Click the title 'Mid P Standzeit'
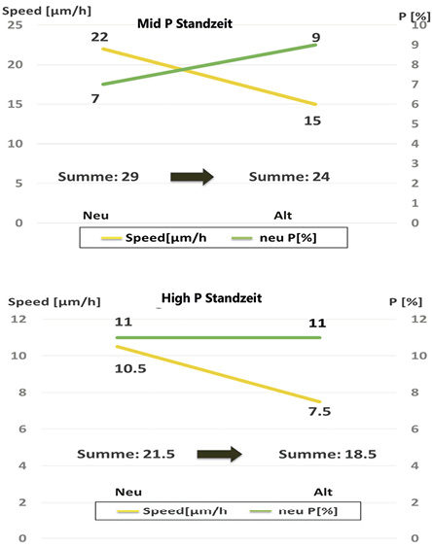pyautogui.click(x=185, y=23)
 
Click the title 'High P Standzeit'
pyautogui.click(x=211, y=298)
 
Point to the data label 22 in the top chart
pyautogui.click(x=100, y=37)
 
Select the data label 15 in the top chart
pyautogui.click(x=312, y=120)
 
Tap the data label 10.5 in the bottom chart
pyautogui.click(x=130, y=368)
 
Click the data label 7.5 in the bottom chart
pyautogui.click(x=319, y=411)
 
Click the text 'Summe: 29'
pyautogui.click(x=98, y=177)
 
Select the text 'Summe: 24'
pyautogui.click(x=289, y=177)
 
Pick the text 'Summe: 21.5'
pyautogui.click(x=126, y=454)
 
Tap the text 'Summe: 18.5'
pyautogui.click(x=327, y=454)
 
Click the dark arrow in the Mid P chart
pyautogui.click(x=192, y=177)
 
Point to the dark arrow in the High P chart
pyautogui.click(x=220, y=454)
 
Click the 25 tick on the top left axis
pyautogui.click(x=15, y=25)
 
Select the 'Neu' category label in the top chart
pyautogui.click(x=95, y=216)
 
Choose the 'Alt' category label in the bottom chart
pyautogui.click(x=323, y=493)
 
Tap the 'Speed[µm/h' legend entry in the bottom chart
pyautogui.click(x=172, y=511)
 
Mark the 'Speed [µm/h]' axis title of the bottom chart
pyautogui.click(x=54, y=302)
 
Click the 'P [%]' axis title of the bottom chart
pyautogui.click(x=406, y=302)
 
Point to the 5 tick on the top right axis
pyautogui.click(x=414, y=124)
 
